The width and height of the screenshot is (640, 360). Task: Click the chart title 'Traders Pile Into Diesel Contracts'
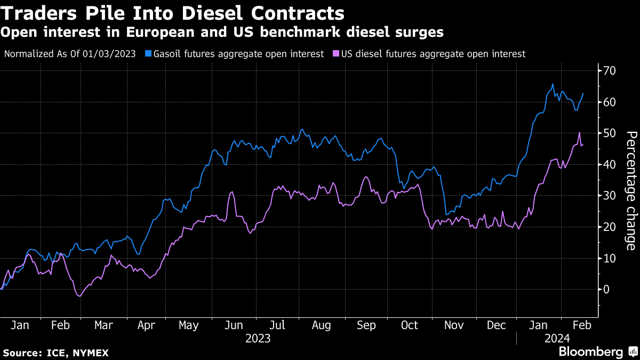click(173, 12)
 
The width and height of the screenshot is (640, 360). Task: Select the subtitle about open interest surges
click(222, 33)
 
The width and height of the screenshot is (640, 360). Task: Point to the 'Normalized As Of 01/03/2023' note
click(70, 54)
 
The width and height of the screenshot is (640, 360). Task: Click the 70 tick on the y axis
click(609, 71)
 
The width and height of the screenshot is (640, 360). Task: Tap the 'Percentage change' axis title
click(630, 190)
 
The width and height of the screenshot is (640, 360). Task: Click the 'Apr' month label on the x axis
click(146, 325)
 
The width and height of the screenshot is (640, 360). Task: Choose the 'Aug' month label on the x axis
click(321, 325)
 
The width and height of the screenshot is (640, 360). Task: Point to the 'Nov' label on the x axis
click(453, 325)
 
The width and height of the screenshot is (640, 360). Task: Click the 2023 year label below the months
click(258, 338)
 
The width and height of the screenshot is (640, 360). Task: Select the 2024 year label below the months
click(558, 338)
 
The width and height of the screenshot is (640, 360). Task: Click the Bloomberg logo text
click(590, 352)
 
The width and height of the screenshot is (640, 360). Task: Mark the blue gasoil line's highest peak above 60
click(553, 84)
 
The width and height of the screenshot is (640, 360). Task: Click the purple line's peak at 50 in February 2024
click(579, 133)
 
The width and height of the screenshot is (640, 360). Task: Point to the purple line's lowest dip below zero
click(79, 296)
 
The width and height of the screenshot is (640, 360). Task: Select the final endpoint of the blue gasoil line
click(583, 94)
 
